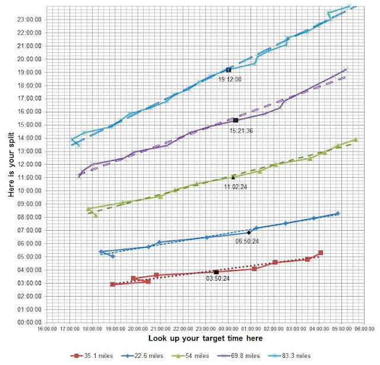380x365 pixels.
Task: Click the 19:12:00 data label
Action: tap(230, 79)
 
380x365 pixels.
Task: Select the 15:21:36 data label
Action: tap(241, 131)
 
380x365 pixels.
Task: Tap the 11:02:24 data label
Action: tap(235, 187)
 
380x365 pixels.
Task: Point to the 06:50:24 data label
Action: tap(247, 241)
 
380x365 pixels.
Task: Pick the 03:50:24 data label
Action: tap(218, 278)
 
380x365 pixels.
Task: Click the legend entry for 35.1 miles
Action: tap(91, 355)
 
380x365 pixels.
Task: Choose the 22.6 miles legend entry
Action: tap(142, 355)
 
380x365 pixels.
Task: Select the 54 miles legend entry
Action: tap(190, 355)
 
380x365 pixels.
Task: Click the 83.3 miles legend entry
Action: tap(289, 355)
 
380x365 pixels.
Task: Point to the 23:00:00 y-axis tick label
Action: tap(29, 20)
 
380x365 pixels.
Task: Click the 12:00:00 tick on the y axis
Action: tap(29, 164)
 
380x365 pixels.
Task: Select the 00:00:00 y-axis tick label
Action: tap(29, 323)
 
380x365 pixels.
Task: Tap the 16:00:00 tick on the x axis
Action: tap(47, 329)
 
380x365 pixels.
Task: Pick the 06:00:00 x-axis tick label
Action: tap(364, 329)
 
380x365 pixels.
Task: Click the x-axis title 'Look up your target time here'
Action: tap(205, 338)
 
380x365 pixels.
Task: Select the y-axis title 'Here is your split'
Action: tap(11, 165)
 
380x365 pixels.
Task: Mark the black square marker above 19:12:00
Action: tap(228, 70)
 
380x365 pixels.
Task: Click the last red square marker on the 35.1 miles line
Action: tap(321, 253)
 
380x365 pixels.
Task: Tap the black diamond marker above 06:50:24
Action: tap(249, 232)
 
